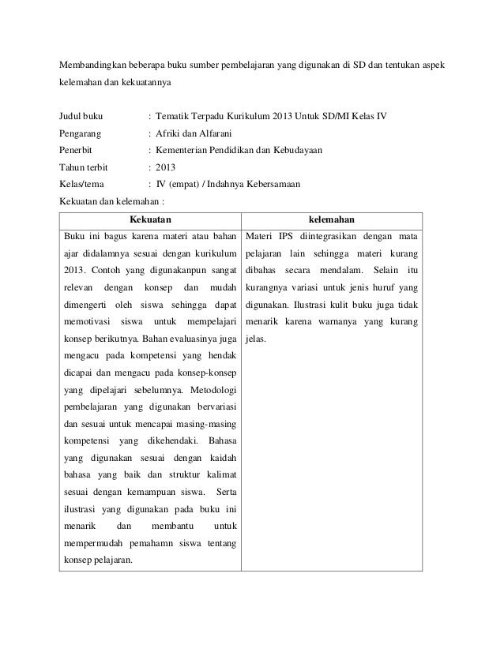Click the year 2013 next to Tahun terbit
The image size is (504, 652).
point(167,167)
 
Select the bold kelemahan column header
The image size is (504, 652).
point(332,219)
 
